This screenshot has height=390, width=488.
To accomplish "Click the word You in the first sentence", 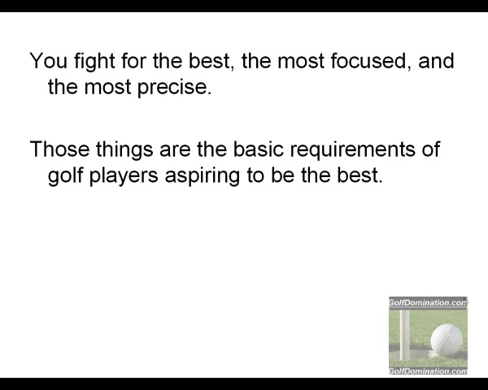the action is pyautogui.click(x=49, y=61).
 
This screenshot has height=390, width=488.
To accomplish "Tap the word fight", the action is pyautogui.click(x=94, y=63).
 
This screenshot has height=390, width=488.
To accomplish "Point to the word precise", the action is pyautogui.click(x=174, y=89).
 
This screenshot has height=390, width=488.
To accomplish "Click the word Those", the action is pyautogui.click(x=59, y=149).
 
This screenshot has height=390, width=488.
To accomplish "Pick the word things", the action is pyautogui.click(x=124, y=150).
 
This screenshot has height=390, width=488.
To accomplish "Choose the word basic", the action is pyautogui.click(x=259, y=149).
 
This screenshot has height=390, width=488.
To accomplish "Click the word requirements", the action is pyautogui.click(x=353, y=150).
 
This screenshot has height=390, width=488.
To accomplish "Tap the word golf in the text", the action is pyautogui.click(x=65, y=176).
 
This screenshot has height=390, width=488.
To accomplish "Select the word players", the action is pyautogui.click(x=124, y=176).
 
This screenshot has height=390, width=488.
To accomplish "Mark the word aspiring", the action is pyautogui.click(x=203, y=176).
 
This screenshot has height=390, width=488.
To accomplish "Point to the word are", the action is pyautogui.click(x=175, y=150).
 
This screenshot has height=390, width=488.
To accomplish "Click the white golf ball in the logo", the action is pyautogui.click(x=447, y=340).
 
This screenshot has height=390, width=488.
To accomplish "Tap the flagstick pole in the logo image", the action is pyautogui.click(x=404, y=334).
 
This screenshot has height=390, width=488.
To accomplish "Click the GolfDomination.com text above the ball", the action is pyautogui.click(x=428, y=302).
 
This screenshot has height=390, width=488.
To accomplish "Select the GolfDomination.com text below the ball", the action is pyautogui.click(x=428, y=370).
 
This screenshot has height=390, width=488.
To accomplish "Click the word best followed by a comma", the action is pyautogui.click(x=211, y=61).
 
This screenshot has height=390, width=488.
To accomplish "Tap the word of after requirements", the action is pyautogui.click(x=431, y=149).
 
